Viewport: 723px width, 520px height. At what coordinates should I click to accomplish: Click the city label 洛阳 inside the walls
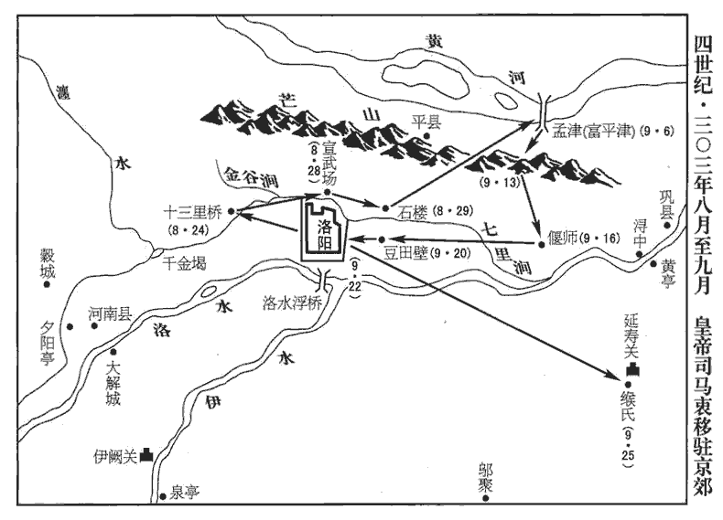pos(325,235)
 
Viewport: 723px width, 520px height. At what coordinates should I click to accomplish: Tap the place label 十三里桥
pos(193,212)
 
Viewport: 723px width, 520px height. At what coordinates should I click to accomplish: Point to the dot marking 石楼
pos(386,208)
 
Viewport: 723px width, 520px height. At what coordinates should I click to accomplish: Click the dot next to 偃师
pos(542,244)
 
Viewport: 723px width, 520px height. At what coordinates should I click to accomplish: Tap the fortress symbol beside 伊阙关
pos(147,454)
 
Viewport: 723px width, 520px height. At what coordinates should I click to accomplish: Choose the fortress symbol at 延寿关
pos(633,369)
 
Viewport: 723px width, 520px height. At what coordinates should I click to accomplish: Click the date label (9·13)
pos(500,183)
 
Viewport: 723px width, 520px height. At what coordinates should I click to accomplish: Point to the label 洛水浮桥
pos(291,304)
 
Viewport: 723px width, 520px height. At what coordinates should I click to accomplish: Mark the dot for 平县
pos(427,136)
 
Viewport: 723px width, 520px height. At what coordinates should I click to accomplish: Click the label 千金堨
pos(185,263)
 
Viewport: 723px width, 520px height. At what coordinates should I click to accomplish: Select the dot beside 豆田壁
pos(382,239)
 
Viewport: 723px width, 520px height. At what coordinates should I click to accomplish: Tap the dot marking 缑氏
pos(627,385)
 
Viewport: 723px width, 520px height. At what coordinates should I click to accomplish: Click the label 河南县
pos(110,315)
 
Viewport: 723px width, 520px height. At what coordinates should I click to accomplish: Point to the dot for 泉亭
pos(162,496)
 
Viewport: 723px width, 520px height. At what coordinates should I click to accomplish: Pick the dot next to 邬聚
pos(485,498)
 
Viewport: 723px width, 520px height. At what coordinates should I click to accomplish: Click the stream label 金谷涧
pos(252,178)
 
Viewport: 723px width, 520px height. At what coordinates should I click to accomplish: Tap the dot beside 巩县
pos(667,225)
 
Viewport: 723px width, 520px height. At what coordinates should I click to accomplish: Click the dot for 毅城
pos(47,285)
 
